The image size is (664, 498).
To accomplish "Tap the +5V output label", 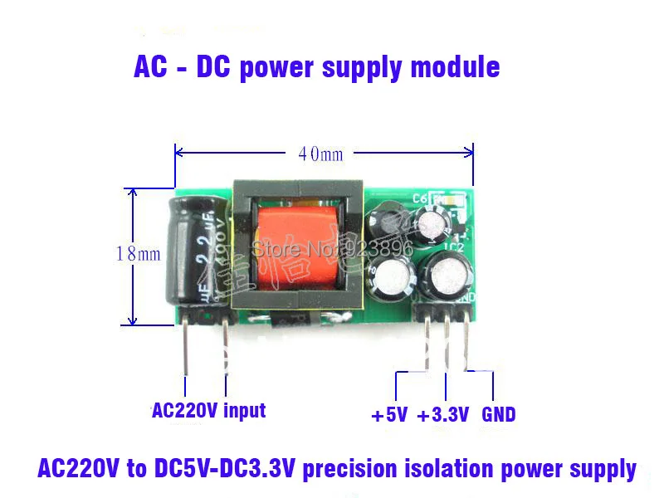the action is coord(389,413).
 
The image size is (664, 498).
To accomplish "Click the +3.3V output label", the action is coord(443,413).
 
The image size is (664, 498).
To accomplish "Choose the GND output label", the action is coord(498,413).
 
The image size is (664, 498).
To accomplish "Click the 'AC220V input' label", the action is coord(208,410).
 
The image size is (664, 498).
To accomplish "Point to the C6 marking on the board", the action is coord(417,199).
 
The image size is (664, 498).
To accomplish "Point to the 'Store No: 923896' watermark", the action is coord(331,247).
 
